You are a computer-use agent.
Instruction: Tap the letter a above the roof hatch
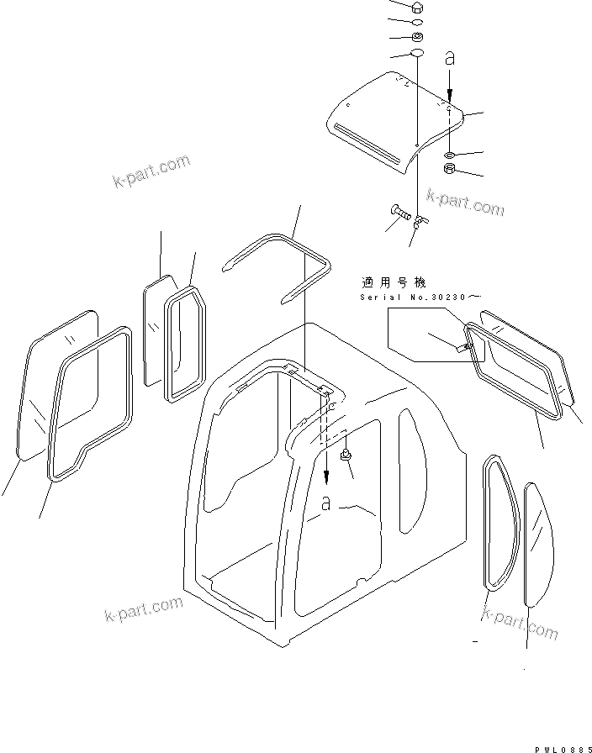click(450, 59)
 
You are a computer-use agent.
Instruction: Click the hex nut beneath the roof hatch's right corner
click(450, 171)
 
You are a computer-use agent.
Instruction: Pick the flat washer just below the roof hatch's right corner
click(450, 155)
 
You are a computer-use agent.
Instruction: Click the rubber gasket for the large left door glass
click(88, 403)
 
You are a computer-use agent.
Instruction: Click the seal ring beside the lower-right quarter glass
click(496, 525)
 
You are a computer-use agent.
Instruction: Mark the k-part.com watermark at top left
click(151, 171)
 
